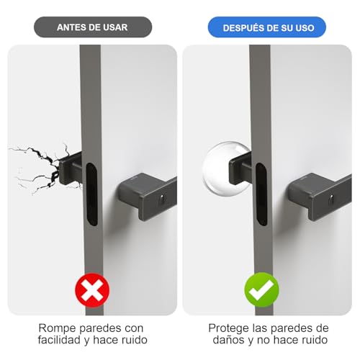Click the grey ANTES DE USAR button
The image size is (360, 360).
[x=92, y=27]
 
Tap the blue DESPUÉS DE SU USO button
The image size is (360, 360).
[x=266, y=27]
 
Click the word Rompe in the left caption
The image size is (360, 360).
[x=55, y=328]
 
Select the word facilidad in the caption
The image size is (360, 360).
[x=65, y=341]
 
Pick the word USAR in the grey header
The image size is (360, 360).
[x=118, y=27]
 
